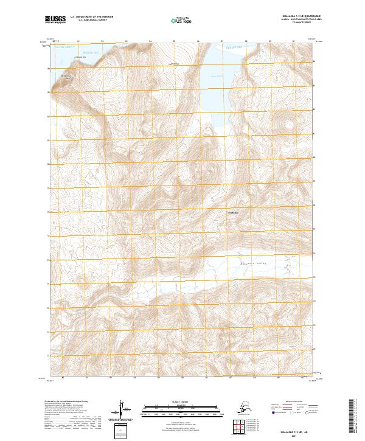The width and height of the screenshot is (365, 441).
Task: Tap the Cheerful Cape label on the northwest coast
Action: [x=80, y=57]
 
